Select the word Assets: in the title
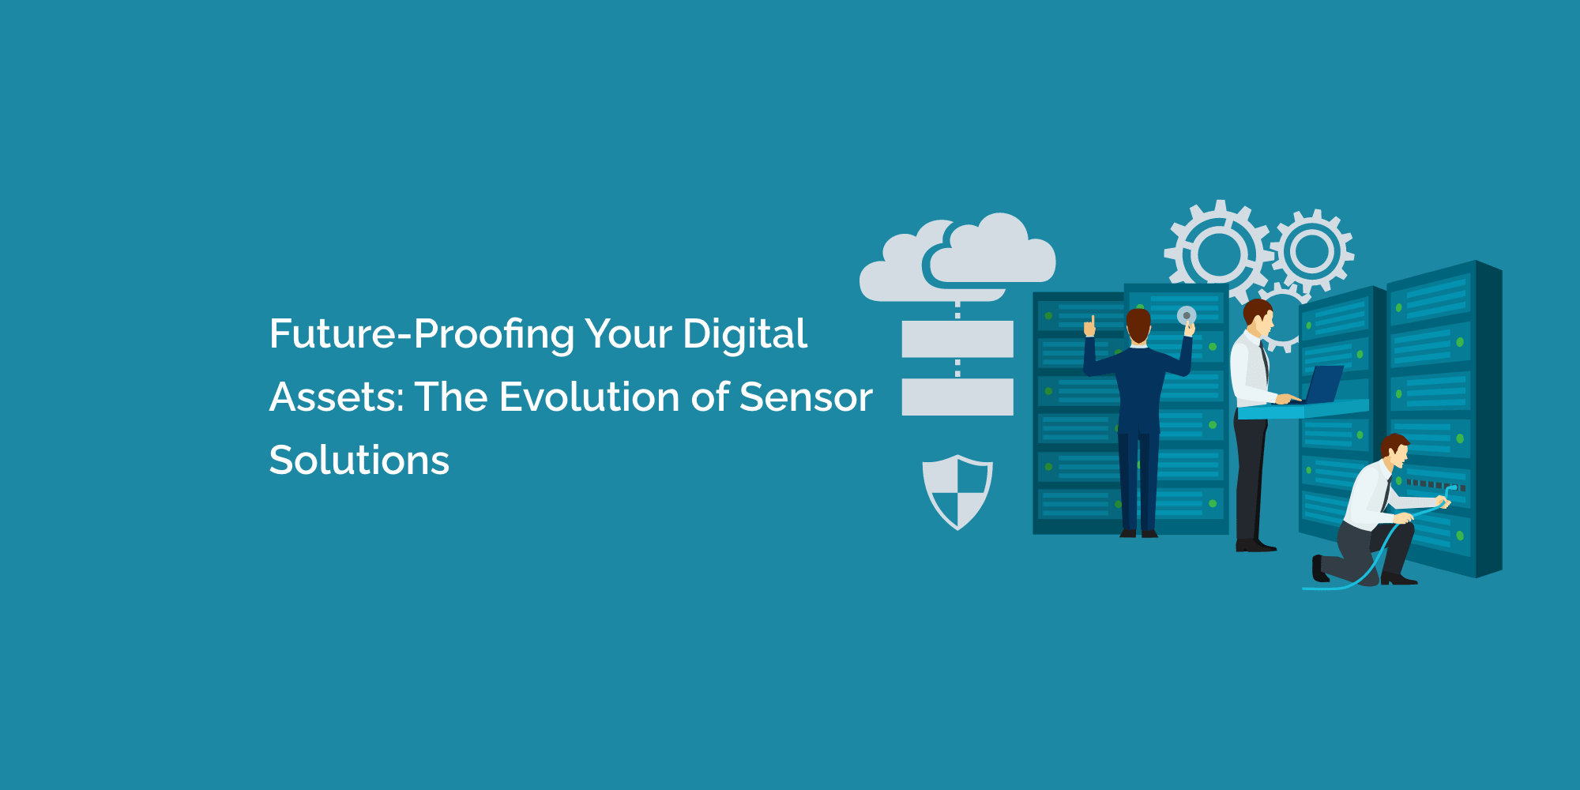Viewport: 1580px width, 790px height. (x=336, y=397)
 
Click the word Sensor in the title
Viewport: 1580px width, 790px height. (x=806, y=397)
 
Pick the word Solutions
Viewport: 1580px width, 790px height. (x=359, y=461)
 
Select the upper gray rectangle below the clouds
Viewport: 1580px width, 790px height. (x=957, y=339)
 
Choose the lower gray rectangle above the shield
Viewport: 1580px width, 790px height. (x=957, y=397)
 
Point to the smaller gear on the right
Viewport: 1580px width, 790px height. (x=1312, y=252)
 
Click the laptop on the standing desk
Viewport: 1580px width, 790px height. (x=1323, y=386)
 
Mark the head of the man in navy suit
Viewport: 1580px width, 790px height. (x=1138, y=325)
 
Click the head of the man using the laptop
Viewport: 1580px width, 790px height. (x=1258, y=316)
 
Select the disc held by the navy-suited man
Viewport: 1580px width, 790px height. (x=1187, y=316)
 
